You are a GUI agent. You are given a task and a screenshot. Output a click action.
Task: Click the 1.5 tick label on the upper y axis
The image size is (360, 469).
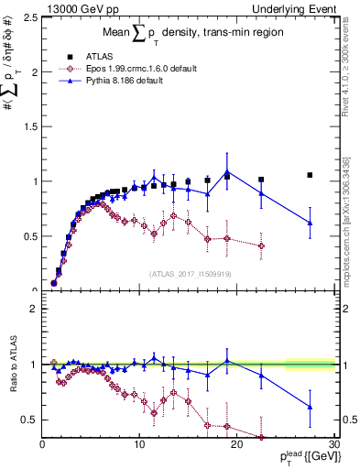[x=29, y=126]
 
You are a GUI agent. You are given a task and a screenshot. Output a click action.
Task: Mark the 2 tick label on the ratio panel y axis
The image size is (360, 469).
[x=34, y=309]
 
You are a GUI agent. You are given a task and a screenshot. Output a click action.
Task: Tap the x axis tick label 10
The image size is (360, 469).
[x=139, y=446]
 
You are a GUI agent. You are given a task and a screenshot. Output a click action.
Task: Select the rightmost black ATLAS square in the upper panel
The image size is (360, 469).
[x=310, y=175]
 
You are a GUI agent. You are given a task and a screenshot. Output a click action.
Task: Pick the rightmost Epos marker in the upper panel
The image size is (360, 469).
[x=261, y=245]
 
